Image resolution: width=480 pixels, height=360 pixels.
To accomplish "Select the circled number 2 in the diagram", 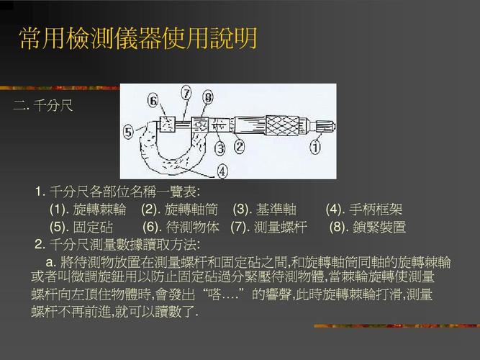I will click(x=239, y=146).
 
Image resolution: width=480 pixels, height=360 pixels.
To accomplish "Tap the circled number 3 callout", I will click(x=220, y=148).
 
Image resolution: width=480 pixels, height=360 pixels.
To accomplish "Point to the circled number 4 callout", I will click(x=222, y=171).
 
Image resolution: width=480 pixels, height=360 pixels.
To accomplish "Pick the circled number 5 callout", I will click(x=128, y=132).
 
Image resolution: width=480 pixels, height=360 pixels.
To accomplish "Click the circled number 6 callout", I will click(x=153, y=100).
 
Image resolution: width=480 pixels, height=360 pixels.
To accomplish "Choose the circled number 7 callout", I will click(x=186, y=93).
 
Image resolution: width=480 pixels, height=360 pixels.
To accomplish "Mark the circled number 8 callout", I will click(x=208, y=96).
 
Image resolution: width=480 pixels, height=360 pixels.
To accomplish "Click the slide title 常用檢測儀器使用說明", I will click(x=137, y=38).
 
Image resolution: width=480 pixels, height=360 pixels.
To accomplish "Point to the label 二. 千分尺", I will click(x=42, y=107).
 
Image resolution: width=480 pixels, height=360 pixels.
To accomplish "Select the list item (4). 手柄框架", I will click(x=363, y=210).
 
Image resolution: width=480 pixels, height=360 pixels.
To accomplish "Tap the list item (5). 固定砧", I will click(x=81, y=227).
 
